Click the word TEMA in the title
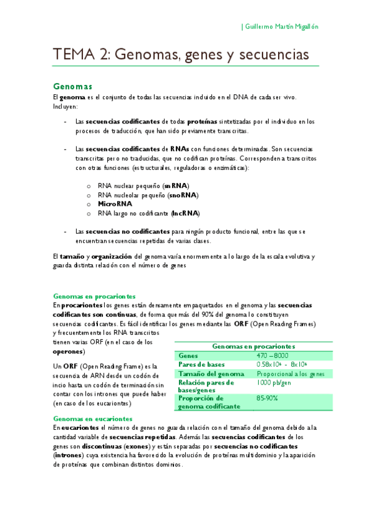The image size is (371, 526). click(x=72, y=55)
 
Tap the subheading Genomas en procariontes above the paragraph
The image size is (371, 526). click(x=95, y=296)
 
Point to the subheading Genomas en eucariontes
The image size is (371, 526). click(x=93, y=419)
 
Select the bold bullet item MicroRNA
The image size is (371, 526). click(x=115, y=203)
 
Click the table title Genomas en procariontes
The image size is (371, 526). click(x=253, y=347)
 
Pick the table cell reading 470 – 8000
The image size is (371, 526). click(x=272, y=355)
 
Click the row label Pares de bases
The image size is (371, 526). click(x=201, y=365)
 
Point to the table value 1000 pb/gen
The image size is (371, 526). click(x=273, y=383)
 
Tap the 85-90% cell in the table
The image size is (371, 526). click(x=268, y=398)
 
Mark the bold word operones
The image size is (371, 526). click(x=69, y=351)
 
